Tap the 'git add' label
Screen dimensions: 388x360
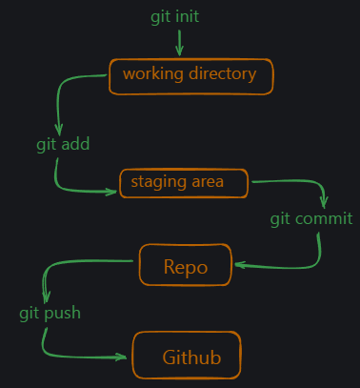pyautogui.click(x=63, y=145)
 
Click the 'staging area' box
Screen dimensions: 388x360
pyautogui.click(x=183, y=183)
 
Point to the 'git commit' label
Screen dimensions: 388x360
pyautogui.click(x=311, y=219)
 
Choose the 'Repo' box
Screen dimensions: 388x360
pyautogui.click(x=186, y=265)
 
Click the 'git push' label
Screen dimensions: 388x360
pyautogui.click(x=50, y=313)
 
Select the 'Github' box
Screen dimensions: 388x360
pyautogui.click(x=187, y=357)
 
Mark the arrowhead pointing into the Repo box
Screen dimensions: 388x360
pyautogui.click(x=239, y=265)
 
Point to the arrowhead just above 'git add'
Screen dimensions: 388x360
pyautogui.click(x=59, y=130)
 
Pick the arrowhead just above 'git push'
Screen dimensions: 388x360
pyautogui.click(x=44, y=296)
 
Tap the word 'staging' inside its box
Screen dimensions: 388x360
pyautogui.click(x=153, y=182)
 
